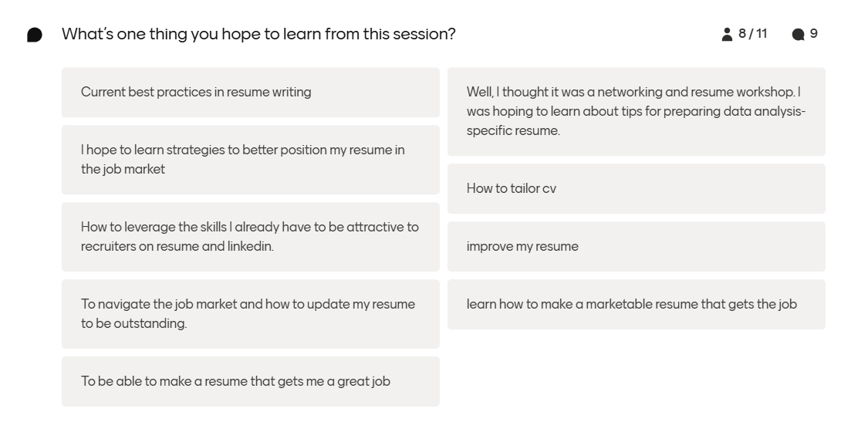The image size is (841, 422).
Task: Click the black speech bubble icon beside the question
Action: tap(35, 35)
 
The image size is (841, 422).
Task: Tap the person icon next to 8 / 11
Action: tap(727, 34)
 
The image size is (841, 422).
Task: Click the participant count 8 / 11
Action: tap(752, 33)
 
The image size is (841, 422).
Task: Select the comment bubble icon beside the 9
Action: tap(798, 34)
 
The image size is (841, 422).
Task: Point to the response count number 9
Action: tap(814, 33)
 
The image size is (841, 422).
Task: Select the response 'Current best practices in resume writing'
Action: tap(196, 92)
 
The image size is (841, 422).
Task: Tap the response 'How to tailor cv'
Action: tap(511, 188)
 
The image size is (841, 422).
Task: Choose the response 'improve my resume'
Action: tap(522, 246)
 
